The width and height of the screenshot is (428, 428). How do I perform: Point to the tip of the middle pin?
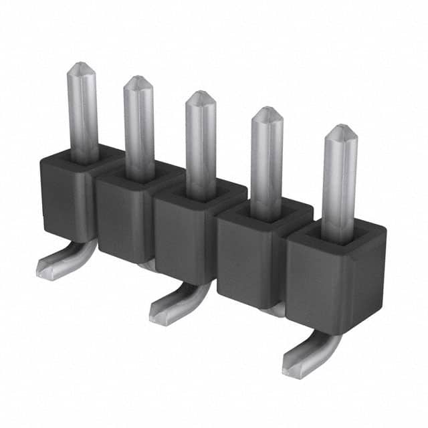200,96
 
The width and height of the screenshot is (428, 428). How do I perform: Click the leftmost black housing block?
64,194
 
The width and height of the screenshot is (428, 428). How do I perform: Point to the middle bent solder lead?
177,305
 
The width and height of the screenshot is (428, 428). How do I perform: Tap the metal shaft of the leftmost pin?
83,114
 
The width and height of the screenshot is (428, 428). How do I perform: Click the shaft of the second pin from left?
139,130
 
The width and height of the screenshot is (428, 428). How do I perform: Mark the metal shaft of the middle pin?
201,147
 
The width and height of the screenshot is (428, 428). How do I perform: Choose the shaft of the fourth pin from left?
267,164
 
